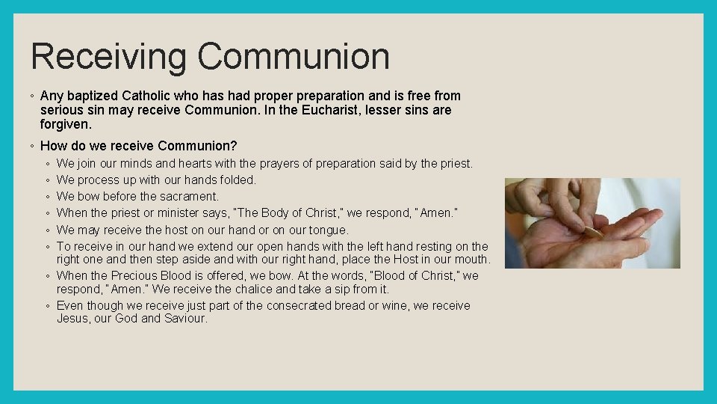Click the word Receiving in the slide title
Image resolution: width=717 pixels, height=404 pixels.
(x=109, y=57)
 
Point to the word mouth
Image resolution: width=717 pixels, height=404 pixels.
(x=471, y=260)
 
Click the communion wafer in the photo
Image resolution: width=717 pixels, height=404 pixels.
(x=593, y=233)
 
